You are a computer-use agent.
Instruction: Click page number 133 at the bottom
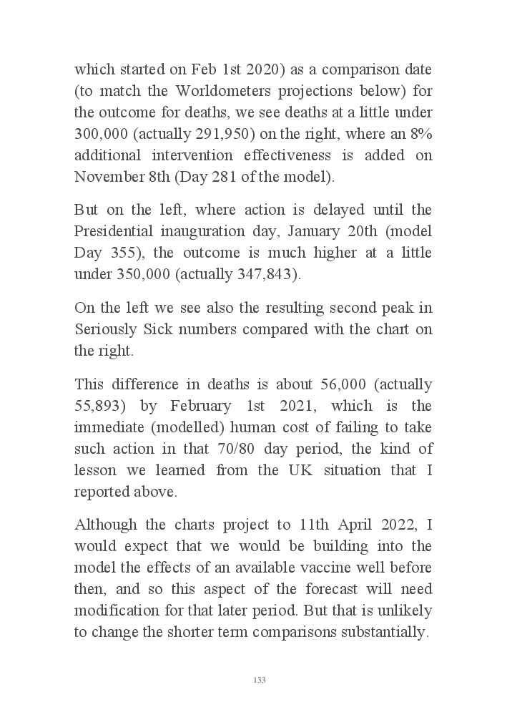pos(260,680)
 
